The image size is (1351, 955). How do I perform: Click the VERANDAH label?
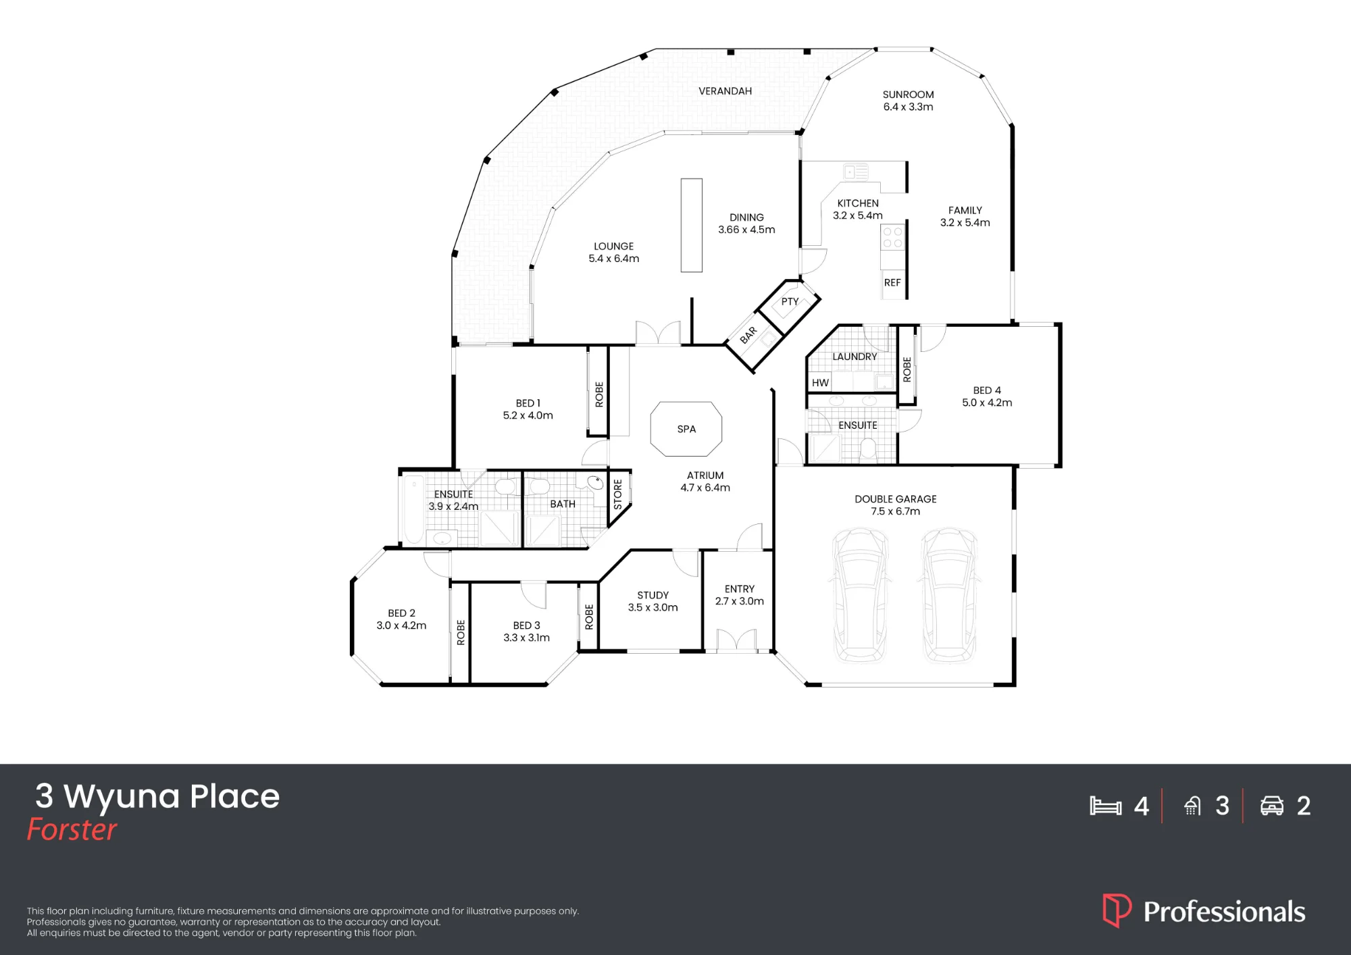coord(725,91)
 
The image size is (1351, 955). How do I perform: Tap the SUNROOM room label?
coord(908,95)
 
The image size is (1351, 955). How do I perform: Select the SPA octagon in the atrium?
coord(686,429)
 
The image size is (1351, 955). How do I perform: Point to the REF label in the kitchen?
coord(892,282)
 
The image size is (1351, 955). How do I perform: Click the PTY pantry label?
coord(790,301)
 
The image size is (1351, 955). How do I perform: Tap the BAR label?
coord(748,335)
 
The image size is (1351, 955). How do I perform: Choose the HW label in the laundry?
coord(820,383)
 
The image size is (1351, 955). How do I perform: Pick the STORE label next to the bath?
coord(617,494)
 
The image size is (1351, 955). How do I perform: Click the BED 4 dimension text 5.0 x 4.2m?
coord(987,403)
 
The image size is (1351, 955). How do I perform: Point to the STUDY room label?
coord(653,595)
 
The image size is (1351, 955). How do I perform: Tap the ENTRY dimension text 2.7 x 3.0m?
coord(740,601)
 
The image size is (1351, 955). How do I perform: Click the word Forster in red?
coord(72,829)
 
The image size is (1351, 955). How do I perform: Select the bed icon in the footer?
coord(1106,806)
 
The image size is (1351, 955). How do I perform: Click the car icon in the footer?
coord(1272,806)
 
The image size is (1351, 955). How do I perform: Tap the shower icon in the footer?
coord(1193,806)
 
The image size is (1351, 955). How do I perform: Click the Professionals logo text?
coord(1224,912)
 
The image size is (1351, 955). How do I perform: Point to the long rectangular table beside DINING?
coord(691,225)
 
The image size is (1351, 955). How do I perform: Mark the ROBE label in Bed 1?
coord(599,394)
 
